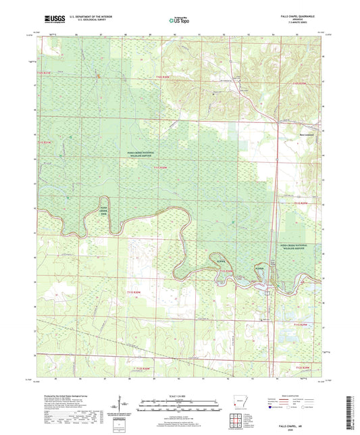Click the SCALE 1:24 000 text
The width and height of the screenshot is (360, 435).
(180, 394)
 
